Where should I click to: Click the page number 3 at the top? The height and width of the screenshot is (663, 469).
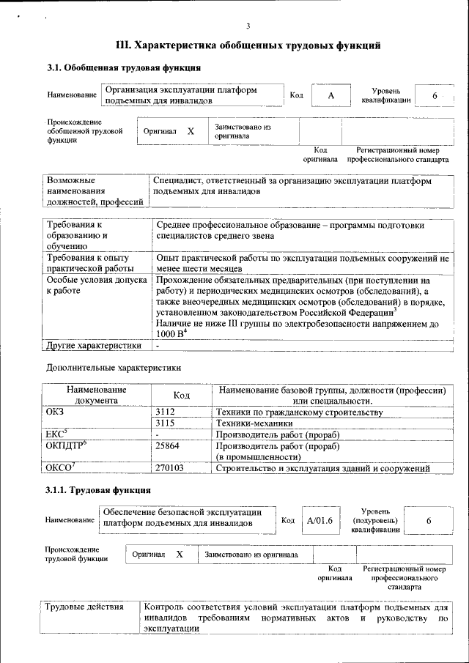pos(248,27)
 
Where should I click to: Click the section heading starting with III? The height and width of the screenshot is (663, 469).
pos(248,45)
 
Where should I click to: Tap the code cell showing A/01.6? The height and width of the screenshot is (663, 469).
pos(320,520)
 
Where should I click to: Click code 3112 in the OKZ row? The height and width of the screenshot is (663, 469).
pos(166,412)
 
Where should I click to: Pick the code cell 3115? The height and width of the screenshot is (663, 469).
pos(166,423)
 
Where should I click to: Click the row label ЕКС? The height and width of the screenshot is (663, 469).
pos(56,434)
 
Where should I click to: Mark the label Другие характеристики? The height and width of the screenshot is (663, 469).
pos(94,345)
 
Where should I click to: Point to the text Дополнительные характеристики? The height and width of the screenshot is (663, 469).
pos(114,367)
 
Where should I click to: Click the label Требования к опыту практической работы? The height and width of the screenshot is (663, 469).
pos(88,263)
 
